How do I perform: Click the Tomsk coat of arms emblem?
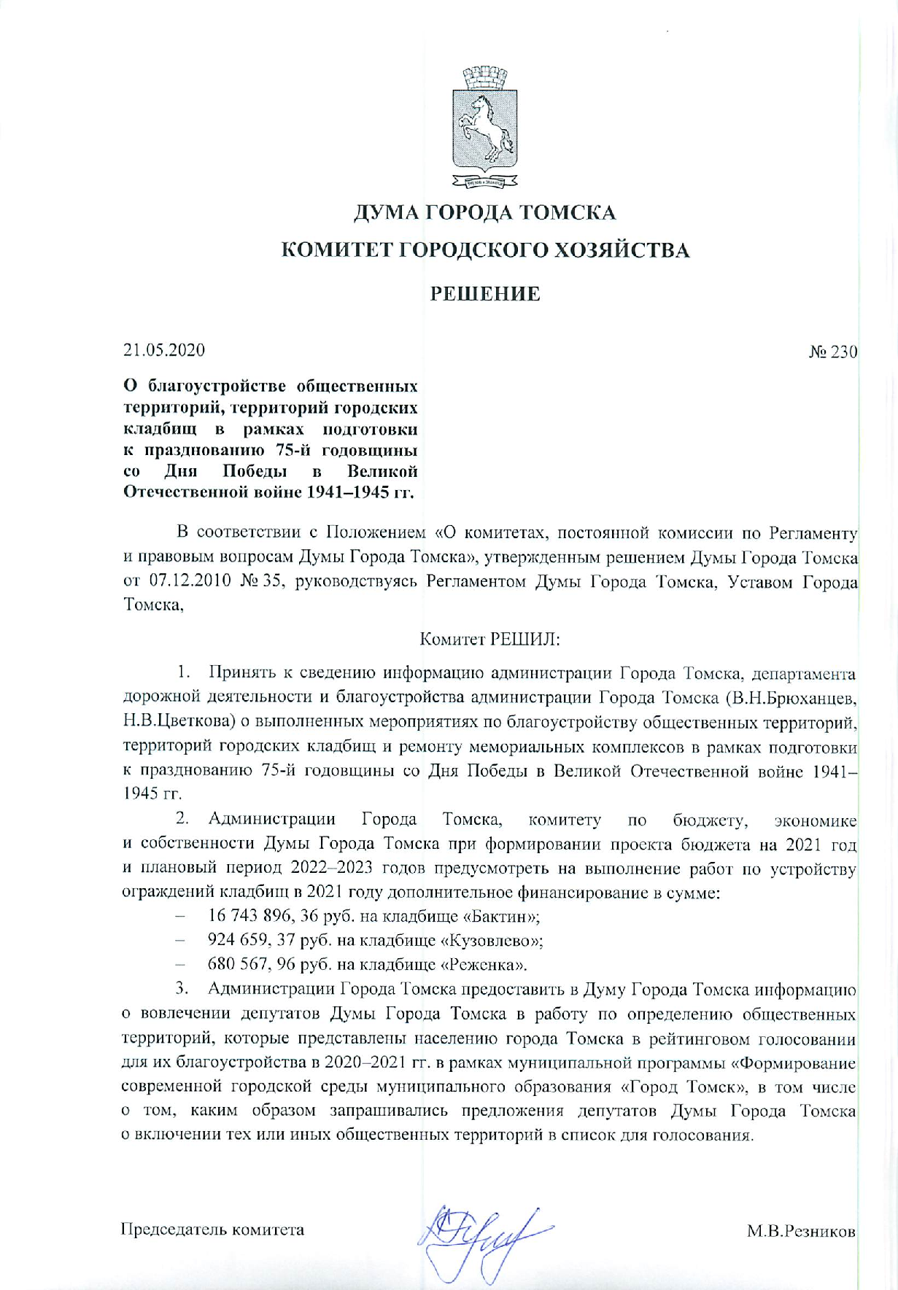point(485,129)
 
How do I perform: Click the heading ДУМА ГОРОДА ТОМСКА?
point(484,214)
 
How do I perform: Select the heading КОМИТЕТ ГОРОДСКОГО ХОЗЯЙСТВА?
point(485,252)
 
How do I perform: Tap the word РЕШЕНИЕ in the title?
point(485,294)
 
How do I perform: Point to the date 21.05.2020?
point(164,350)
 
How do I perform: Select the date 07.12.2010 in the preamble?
point(190,583)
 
